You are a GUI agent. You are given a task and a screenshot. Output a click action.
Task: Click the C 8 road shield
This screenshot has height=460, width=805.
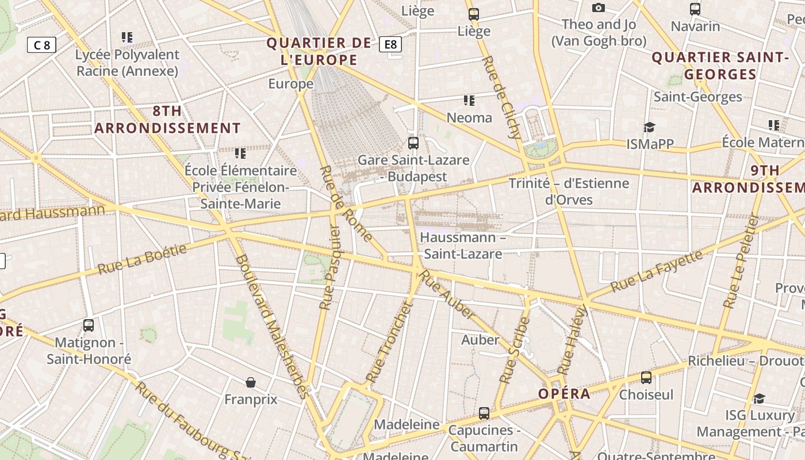point(42,44)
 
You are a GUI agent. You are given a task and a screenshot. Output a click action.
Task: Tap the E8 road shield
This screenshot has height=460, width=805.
point(390,44)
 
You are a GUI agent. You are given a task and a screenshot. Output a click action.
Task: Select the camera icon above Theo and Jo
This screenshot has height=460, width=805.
point(599,8)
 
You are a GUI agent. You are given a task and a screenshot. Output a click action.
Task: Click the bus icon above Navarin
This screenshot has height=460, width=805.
point(695,9)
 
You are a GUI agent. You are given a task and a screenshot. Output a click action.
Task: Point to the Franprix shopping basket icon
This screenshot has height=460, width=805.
point(251,382)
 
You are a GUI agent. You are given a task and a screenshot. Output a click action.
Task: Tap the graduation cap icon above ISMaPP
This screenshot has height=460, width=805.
point(649,127)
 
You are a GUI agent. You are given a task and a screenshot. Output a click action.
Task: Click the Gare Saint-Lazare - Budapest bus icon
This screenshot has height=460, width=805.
point(413,143)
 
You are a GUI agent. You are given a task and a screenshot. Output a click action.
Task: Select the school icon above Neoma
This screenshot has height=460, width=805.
point(469,101)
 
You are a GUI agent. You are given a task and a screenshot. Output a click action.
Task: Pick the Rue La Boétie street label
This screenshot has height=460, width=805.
point(142,259)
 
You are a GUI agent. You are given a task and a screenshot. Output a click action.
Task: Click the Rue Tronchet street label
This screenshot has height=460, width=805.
point(389,343)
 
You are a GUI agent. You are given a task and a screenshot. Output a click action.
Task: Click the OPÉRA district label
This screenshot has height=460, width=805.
point(564,394)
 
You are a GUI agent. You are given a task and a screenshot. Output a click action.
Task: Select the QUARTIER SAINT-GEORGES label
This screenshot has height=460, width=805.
point(720,66)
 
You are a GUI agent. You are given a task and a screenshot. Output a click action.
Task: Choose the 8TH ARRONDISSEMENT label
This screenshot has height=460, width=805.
point(167,120)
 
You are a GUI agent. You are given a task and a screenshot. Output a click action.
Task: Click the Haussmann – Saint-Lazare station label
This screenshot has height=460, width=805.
point(463,245)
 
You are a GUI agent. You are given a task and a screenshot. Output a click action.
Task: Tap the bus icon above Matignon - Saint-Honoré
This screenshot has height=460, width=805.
point(89,325)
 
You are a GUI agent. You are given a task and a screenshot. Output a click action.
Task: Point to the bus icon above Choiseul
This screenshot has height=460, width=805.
point(646,378)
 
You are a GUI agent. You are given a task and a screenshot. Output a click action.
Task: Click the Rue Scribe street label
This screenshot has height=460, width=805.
point(515,350)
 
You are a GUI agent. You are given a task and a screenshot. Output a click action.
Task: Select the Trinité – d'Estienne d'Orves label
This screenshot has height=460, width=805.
point(569,191)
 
